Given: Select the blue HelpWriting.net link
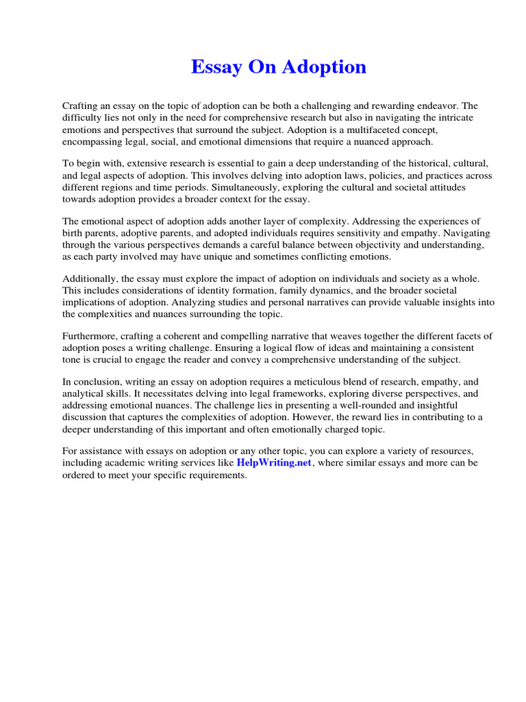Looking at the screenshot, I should [274, 463].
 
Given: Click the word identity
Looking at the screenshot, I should [216, 291].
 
